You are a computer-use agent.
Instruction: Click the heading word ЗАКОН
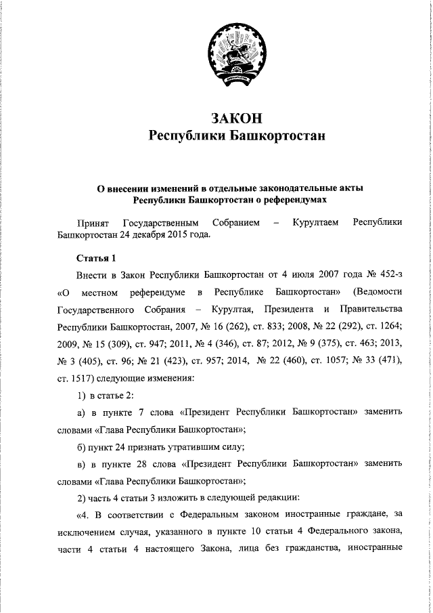235,117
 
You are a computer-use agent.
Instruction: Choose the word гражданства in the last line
296,547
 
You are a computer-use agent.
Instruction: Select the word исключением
84,530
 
